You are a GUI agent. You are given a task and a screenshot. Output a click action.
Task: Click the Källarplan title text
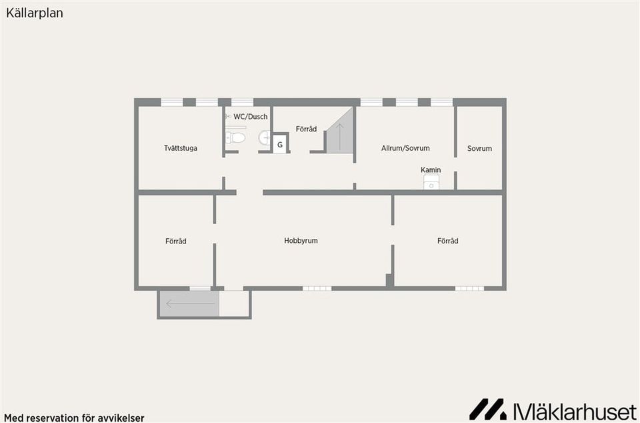click(x=35, y=13)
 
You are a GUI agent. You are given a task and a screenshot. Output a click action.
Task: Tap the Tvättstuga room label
click(x=181, y=148)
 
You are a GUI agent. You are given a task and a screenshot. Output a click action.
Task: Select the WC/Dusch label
click(x=251, y=117)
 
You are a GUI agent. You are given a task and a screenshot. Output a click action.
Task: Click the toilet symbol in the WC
click(x=235, y=137)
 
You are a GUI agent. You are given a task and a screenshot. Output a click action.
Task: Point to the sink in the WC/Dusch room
click(x=265, y=137)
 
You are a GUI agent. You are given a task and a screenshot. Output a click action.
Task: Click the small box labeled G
click(x=280, y=145)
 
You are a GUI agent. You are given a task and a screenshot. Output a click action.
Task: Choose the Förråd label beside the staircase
click(x=306, y=129)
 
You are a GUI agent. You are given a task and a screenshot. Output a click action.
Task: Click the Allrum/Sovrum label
click(x=405, y=148)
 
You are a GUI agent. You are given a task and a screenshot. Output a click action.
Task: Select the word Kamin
click(x=431, y=170)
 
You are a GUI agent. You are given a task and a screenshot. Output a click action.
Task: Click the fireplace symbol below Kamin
click(x=431, y=181)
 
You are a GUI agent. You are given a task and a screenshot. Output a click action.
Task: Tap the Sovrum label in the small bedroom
click(x=479, y=148)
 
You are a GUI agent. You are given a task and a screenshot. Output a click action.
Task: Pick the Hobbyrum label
click(x=301, y=241)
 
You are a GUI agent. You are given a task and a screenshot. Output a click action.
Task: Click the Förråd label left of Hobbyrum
click(x=176, y=242)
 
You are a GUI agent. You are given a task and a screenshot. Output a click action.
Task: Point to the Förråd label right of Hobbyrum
click(x=448, y=241)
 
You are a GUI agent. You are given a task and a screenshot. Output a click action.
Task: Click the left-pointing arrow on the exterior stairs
click(x=190, y=304)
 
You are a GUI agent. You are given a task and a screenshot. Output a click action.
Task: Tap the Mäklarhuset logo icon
click(x=488, y=410)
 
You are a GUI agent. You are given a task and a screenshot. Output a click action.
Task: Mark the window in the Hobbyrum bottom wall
click(x=317, y=289)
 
